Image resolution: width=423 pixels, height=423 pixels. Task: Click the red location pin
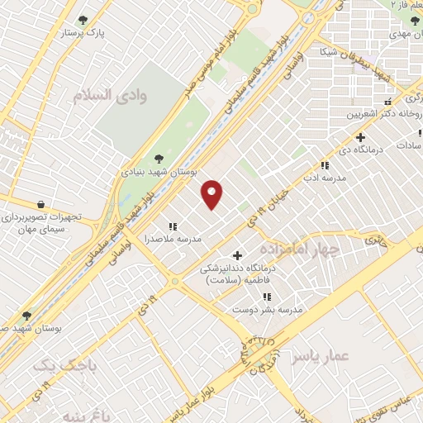(212, 193)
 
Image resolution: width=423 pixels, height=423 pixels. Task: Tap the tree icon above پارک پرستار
(82, 20)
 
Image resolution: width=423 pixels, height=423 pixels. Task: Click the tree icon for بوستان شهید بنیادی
(159, 159)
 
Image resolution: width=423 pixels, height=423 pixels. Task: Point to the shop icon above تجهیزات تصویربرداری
(40, 204)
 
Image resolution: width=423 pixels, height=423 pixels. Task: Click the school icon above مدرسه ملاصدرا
(173, 226)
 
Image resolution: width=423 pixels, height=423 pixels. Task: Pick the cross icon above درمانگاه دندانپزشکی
(238, 255)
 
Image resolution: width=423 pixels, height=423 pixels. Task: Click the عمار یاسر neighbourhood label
(321, 356)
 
